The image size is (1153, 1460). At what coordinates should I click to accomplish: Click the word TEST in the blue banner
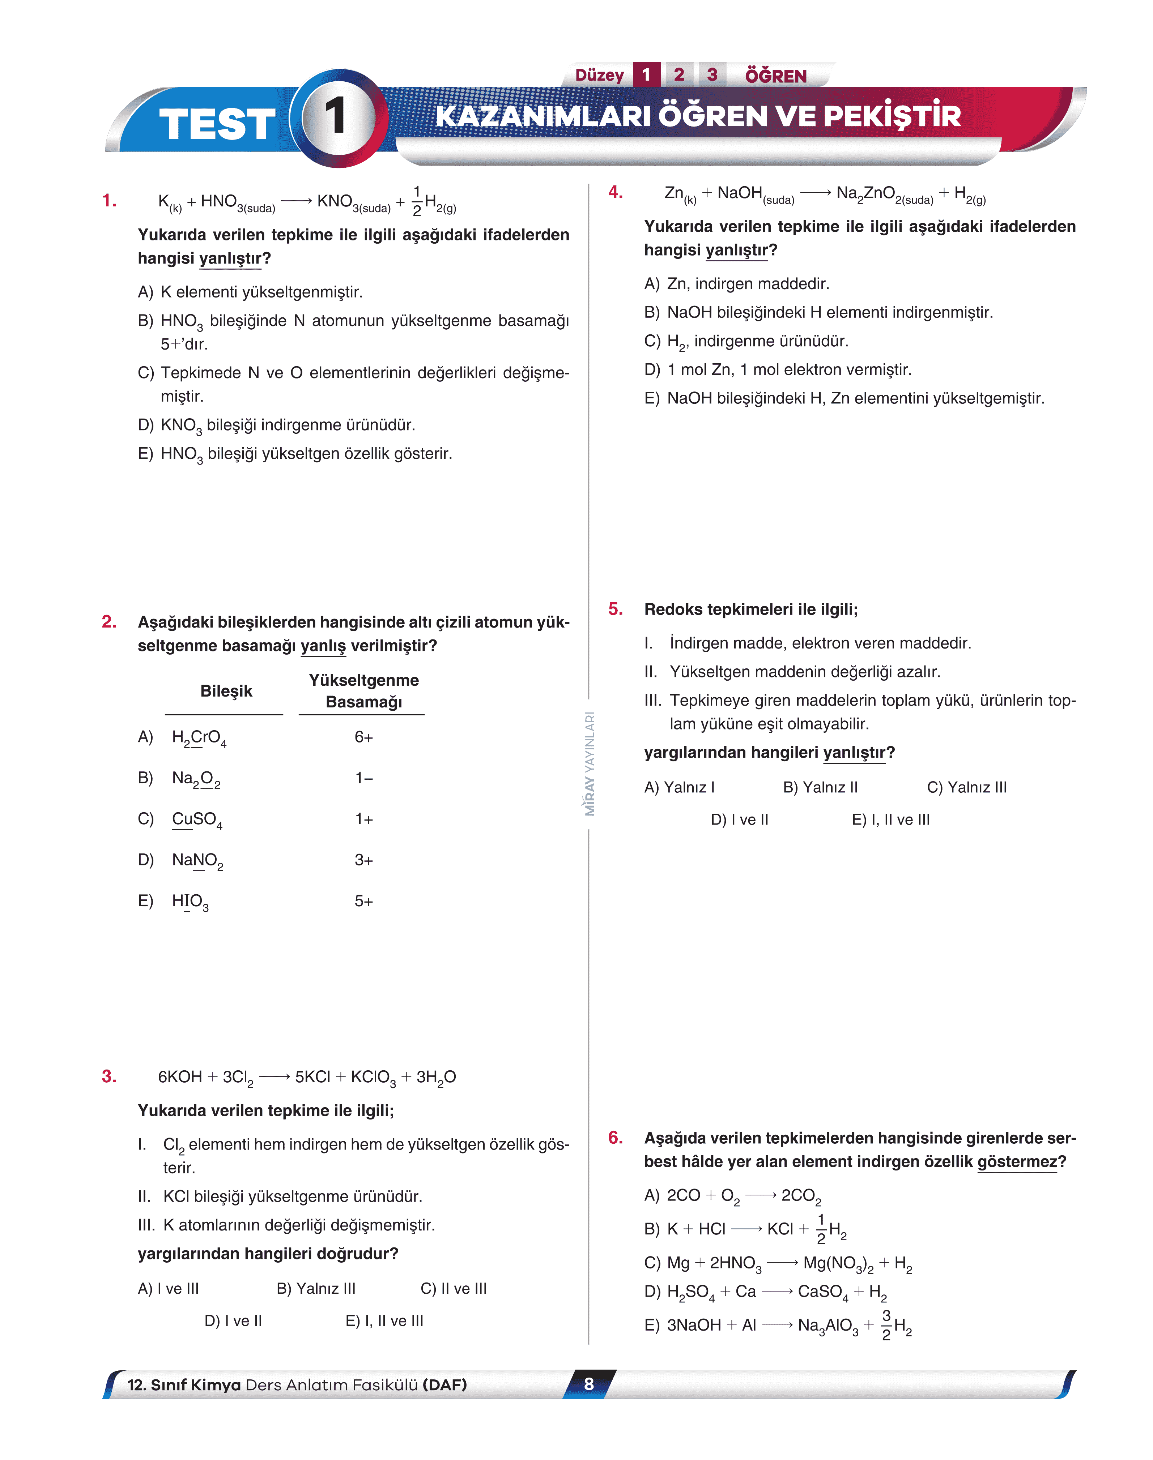pyautogui.click(x=217, y=125)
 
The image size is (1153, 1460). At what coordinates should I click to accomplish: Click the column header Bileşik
pyautogui.click(x=226, y=691)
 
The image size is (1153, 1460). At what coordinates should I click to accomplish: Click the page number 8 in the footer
pyautogui.click(x=589, y=1384)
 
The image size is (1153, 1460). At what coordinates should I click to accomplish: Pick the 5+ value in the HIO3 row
pyautogui.click(x=364, y=901)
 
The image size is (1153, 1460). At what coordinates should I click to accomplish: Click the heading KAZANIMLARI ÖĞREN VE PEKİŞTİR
pyautogui.click(x=698, y=116)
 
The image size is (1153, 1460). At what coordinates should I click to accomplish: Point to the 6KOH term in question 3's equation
pyautogui.click(x=179, y=1077)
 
